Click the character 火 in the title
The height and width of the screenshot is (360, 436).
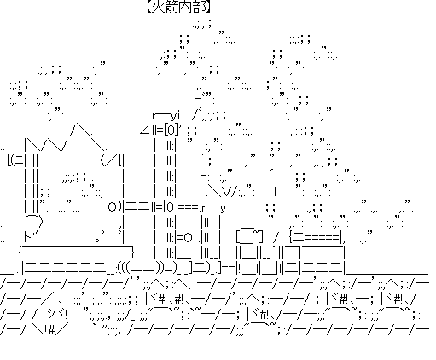pyautogui.click(x=157, y=6)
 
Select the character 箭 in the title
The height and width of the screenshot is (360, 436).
pyautogui.click(x=171, y=6)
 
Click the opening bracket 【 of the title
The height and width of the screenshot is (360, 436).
pyautogui.click(x=148, y=6)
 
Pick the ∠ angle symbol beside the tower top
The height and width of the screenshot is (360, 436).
pyautogui.click(x=145, y=131)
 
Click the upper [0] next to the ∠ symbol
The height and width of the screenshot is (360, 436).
pyautogui.click(x=171, y=131)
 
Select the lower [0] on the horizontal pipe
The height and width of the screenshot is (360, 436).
pyautogui.click(x=171, y=206)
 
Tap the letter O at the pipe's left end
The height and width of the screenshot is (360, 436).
pyautogui.click(x=112, y=207)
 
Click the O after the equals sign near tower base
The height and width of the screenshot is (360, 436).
pyautogui.click(x=188, y=238)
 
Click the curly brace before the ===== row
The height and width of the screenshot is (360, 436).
pyautogui.click(x=291, y=237)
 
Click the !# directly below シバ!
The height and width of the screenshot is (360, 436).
pyautogui.click(x=50, y=330)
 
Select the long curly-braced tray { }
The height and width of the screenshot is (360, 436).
pyautogui.click(x=76, y=252)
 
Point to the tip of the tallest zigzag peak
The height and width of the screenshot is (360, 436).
pyautogui.click(x=77, y=124)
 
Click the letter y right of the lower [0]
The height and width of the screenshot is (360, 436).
pyautogui.click(x=223, y=209)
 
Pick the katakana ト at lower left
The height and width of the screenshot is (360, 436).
pyautogui.click(x=29, y=236)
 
